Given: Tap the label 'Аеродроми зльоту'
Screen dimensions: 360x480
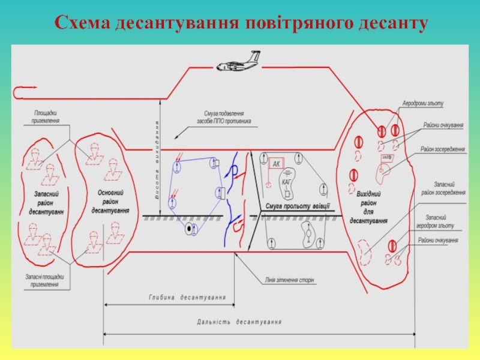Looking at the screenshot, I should pos(423,103).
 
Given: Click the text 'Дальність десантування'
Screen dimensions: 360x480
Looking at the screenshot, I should pos(239,322).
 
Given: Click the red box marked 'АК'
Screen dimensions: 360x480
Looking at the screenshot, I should pos(276,164).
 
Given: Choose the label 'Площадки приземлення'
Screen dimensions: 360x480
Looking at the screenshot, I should pos(46,116).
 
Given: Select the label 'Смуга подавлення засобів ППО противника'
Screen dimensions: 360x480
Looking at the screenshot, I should pos(223,116).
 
